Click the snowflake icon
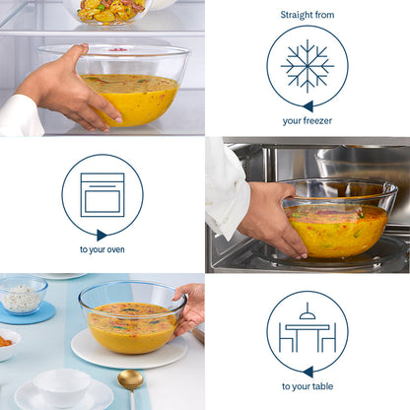click(x=307, y=66)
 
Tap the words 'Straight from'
click(x=307, y=16)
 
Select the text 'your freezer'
click(x=307, y=121)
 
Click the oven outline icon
click(x=102, y=194)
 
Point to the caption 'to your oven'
click(x=102, y=250)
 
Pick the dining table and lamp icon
click(x=307, y=330)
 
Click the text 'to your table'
click(x=307, y=386)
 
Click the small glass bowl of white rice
click(x=22, y=295)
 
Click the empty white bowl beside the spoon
click(x=62, y=386)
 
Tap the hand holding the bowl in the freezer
click(x=66, y=90)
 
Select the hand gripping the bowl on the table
click(x=190, y=307)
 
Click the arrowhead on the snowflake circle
click(x=307, y=105)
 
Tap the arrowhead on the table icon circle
click(x=307, y=371)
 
